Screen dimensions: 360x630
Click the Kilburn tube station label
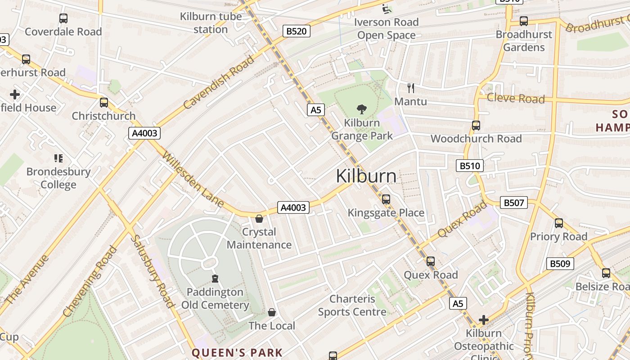tap(211, 23)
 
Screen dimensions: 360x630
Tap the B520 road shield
tap(297, 31)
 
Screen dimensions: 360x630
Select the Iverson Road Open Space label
tap(386, 28)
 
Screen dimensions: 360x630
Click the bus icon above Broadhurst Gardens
tap(523, 21)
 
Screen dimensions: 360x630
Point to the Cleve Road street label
tap(516, 98)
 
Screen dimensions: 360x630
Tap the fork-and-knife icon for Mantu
tap(410, 88)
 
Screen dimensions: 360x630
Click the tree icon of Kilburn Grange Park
tap(361, 109)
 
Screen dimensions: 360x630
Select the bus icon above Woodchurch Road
tap(476, 126)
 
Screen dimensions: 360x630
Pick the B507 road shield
tap(513, 203)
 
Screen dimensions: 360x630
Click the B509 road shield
tap(560, 263)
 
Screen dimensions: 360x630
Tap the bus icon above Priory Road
tap(559, 223)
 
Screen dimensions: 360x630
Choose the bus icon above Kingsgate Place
tap(386, 199)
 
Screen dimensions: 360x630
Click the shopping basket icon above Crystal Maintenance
tap(259, 219)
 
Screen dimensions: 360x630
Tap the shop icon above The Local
tap(272, 312)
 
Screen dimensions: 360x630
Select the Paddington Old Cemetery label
tap(215, 298)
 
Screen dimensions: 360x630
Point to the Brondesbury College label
tap(58, 178)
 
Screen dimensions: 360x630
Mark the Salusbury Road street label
tap(152, 271)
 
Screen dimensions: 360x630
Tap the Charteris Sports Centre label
tap(352, 305)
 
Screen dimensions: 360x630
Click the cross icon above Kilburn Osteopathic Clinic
tap(484, 320)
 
